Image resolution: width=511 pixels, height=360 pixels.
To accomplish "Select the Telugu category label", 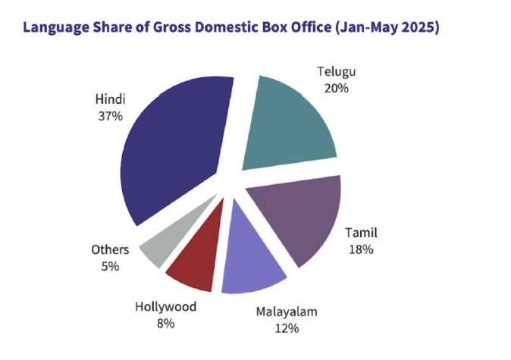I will (x=335, y=72).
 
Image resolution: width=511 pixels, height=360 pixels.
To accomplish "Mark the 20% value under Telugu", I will (x=335, y=89).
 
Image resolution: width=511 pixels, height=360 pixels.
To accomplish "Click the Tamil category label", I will (x=361, y=232).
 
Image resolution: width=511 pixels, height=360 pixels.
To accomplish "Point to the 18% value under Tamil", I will (x=361, y=249).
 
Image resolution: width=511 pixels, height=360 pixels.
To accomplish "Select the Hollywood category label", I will (x=165, y=306).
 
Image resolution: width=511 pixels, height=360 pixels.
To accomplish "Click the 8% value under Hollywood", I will (x=165, y=324).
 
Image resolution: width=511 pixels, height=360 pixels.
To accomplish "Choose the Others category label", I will (x=110, y=249).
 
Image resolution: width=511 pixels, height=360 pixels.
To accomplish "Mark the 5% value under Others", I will (x=110, y=267).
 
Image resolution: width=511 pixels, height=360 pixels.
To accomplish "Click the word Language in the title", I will (x=54, y=28).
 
